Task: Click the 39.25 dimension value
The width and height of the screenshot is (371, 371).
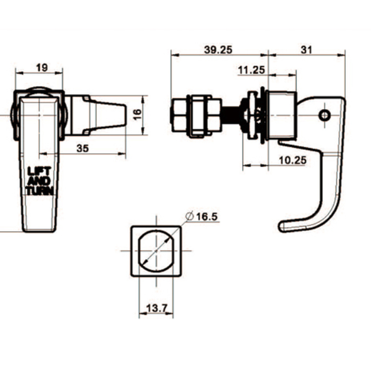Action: point(218,49)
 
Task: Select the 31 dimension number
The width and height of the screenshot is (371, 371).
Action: point(307,49)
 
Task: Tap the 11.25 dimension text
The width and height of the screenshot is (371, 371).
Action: point(251,70)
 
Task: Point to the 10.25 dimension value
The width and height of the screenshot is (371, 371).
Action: point(292,160)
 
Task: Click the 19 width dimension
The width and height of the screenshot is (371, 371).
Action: point(42,68)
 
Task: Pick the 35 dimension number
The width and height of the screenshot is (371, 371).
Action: point(83,148)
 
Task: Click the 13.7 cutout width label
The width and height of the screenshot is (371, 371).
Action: point(156,309)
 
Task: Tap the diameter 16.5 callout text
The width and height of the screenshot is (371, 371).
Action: point(207,216)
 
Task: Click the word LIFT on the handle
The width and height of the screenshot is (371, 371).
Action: point(40,170)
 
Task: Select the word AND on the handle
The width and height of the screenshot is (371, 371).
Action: point(40,181)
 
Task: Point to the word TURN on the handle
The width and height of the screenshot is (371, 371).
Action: point(40,191)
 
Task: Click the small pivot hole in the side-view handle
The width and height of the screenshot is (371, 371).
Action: point(324,115)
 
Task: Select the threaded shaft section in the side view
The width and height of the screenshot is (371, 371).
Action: point(231,117)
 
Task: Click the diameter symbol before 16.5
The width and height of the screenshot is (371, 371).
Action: point(188,216)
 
